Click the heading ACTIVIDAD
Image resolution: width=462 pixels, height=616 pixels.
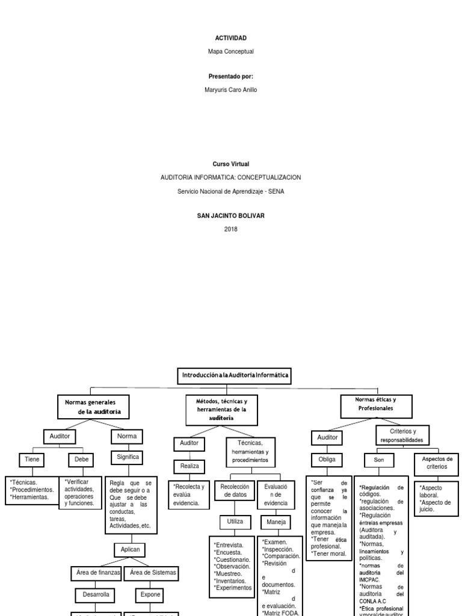[x=230, y=38]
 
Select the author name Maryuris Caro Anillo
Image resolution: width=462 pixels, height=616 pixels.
[x=230, y=90]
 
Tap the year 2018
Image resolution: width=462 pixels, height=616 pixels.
[x=230, y=229]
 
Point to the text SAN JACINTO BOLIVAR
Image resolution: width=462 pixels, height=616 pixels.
[x=230, y=215]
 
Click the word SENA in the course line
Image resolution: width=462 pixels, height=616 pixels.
[x=277, y=191]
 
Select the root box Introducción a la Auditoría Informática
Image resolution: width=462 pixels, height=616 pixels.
[x=236, y=375]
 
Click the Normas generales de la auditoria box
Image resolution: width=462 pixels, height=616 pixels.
[x=94, y=406]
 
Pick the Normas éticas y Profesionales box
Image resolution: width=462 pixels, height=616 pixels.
[x=375, y=404]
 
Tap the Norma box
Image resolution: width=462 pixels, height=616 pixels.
[x=127, y=436]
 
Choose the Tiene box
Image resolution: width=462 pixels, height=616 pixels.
[x=32, y=459]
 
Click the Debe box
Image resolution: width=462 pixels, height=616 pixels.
[x=81, y=459]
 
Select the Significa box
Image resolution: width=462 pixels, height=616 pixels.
[x=127, y=457]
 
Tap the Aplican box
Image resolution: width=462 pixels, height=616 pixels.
[x=130, y=550]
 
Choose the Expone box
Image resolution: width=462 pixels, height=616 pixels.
[x=150, y=594]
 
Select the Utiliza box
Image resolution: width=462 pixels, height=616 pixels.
[x=232, y=521]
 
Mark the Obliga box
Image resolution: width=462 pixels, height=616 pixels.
[x=327, y=460]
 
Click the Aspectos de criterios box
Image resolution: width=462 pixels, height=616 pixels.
[x=437, y=463]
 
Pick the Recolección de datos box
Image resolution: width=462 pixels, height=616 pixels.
[x=235, y=490]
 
